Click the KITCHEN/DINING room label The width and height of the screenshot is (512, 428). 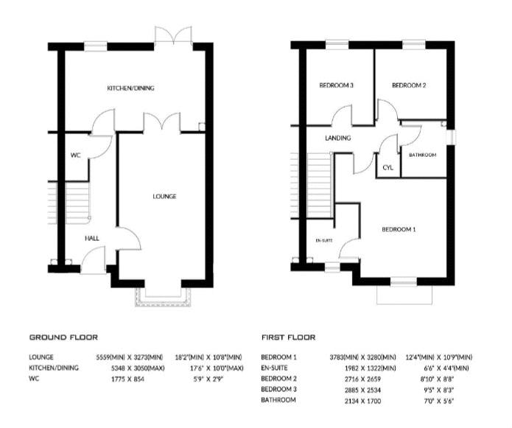130,88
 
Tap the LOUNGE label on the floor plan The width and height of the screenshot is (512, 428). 164,196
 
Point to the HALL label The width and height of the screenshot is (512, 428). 92,238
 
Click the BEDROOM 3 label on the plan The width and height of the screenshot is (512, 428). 337,85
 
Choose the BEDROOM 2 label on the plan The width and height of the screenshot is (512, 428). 409,85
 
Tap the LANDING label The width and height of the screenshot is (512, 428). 338,138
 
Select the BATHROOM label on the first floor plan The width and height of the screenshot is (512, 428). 423,155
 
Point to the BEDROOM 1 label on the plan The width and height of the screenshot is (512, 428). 399,229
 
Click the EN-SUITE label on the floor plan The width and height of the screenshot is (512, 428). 324,240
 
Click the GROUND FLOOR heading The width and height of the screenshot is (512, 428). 63,337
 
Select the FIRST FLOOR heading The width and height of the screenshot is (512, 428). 289,337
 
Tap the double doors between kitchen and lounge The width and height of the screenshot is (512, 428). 161,123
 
